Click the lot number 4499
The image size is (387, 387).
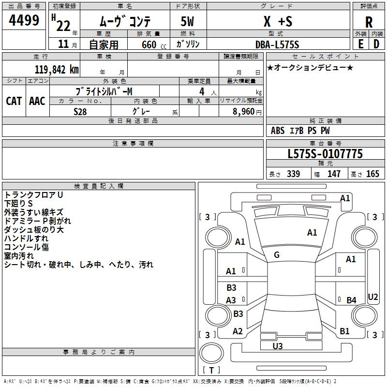[x=24, y=20]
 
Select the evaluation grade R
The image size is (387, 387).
[x=369, y=22]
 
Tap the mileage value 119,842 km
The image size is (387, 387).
[x=57, y=70]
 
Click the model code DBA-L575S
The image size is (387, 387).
[x=277, y=45]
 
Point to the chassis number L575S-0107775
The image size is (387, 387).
[x=325, y=154]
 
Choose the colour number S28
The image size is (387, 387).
[x=80, y=112]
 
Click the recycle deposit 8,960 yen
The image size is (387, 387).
[x=247, y=112]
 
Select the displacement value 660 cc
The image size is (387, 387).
[x=154, y=45]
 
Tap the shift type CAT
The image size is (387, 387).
[x=14, y=101]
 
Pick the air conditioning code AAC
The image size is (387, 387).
[x=37, y=101]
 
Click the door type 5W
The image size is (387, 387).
[x=187, y=21]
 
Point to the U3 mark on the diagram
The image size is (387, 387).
[x=277, y=346]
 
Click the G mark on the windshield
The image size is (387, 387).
[x=277, y=255]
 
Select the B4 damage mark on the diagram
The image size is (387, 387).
[x=351, y=300]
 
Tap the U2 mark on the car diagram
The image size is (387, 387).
[x=372, y=297]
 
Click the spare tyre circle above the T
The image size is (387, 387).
[x=211, y=353]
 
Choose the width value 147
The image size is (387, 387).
[x=334, y=174]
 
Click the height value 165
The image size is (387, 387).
[x=372, y=174]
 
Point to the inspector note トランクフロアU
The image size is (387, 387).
[x=33, y=195]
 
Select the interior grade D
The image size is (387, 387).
[x=376, y=44]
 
